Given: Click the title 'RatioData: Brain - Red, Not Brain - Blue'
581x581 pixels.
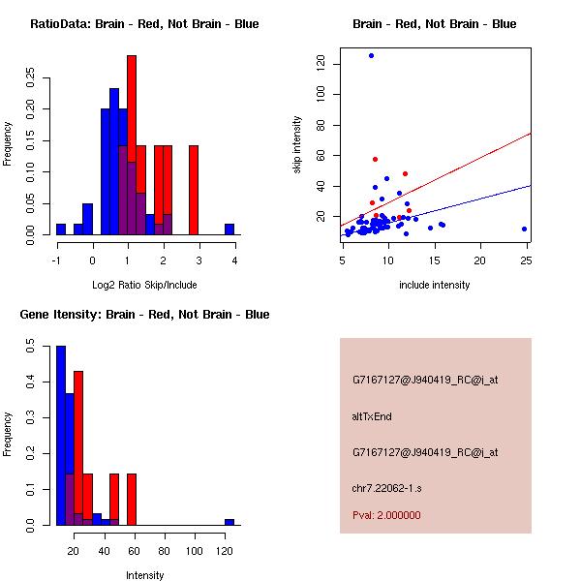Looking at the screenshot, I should tap(143, 24).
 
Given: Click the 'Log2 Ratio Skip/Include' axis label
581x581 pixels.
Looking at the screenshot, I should tap(143, 284).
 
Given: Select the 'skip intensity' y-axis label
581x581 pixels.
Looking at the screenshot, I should tap(297, 144).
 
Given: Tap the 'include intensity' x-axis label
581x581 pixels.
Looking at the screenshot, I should tap(435, 285).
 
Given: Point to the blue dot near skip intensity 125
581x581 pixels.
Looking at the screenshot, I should tap(371, 55).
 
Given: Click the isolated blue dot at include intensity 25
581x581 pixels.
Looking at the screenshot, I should tap(524, 229).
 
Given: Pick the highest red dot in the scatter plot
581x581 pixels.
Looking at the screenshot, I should tap(375, 159).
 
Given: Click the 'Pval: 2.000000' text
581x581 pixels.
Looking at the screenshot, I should tap(385, 515).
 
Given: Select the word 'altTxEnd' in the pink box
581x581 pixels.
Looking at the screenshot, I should tap(373, 416).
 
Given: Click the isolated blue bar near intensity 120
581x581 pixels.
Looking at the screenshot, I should tap(229, 522).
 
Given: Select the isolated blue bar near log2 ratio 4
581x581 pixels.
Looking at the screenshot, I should tap(229, 229).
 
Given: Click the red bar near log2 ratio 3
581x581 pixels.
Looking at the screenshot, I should tap(194, 190).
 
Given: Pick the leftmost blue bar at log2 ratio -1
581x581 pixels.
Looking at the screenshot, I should tap(61, 229).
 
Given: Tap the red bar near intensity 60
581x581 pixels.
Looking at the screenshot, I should tap(132, 499).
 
